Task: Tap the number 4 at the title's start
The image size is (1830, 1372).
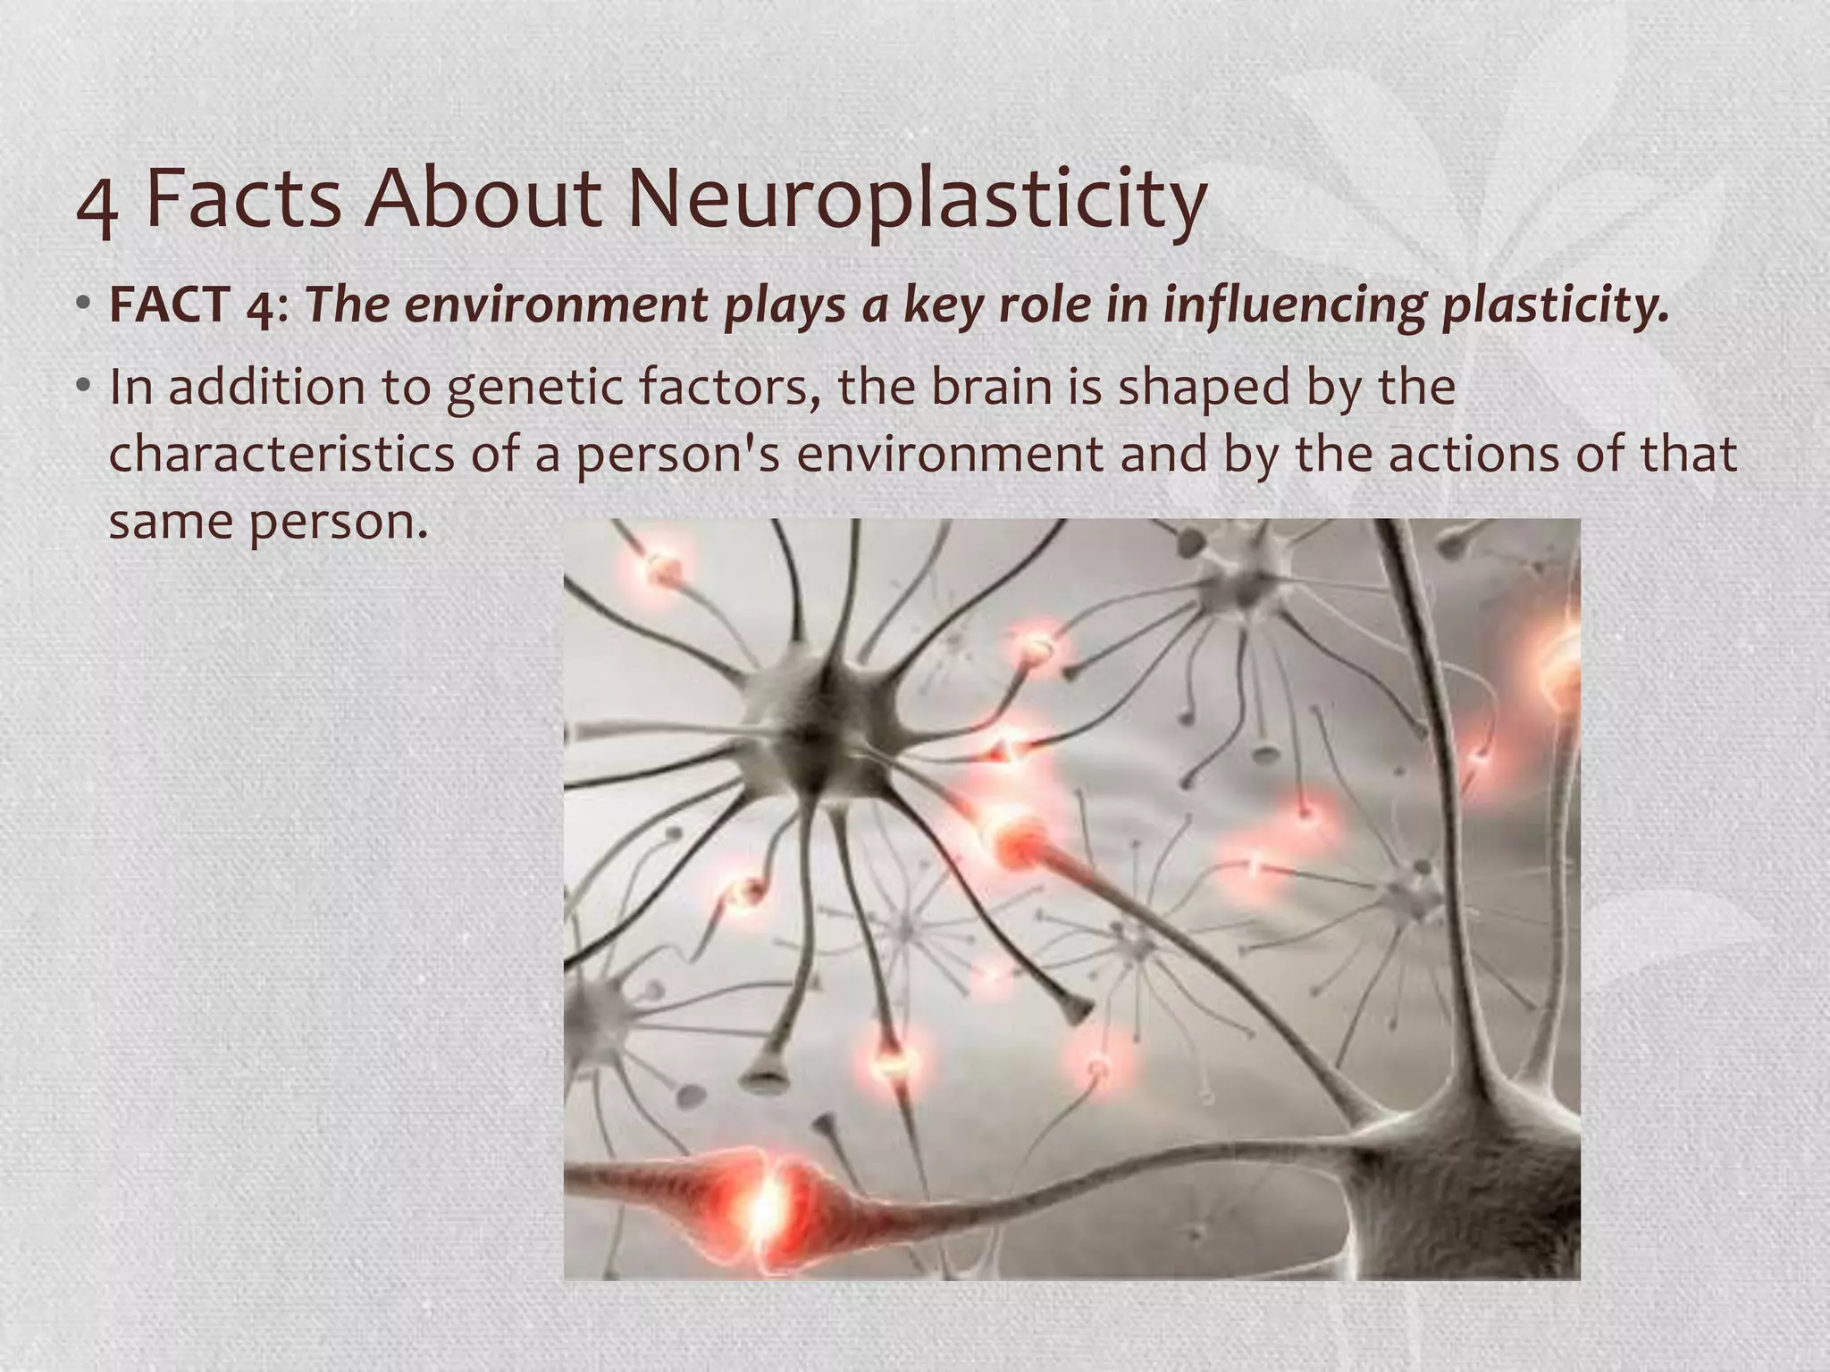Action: (97, 206)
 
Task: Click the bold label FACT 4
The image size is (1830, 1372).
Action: (191, 305)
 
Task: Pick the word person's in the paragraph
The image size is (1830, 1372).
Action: (678, 456)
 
